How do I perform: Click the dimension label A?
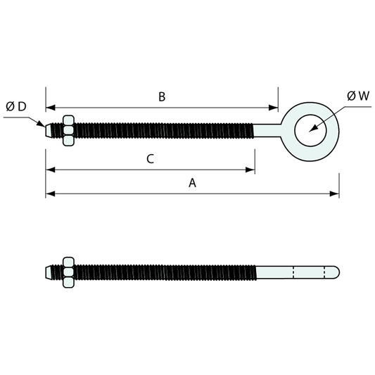pos(192,184)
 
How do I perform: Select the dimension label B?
pos(161,97)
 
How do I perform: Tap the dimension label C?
pos(150,159)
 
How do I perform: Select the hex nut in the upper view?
pos(69,131)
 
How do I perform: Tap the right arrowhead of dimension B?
pos(274,108)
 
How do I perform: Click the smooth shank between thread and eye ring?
pos(265,131)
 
